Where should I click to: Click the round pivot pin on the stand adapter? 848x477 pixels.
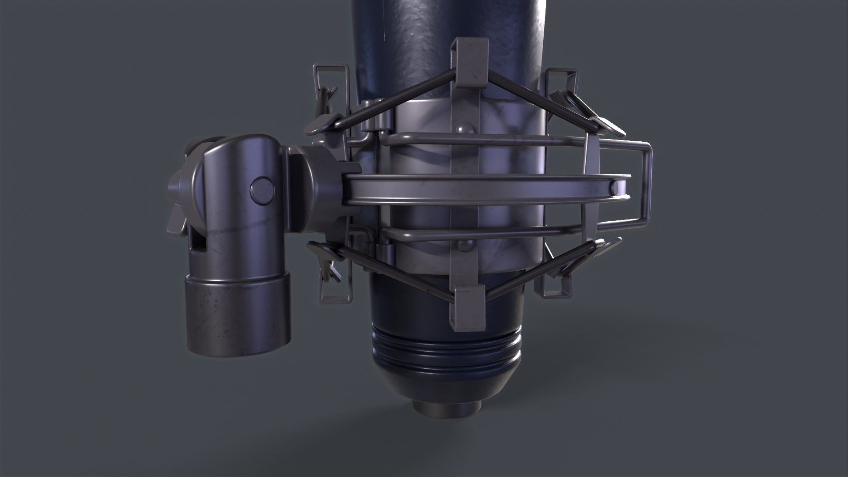click(261, 191)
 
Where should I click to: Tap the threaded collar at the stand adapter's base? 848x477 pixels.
click(238, 307)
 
